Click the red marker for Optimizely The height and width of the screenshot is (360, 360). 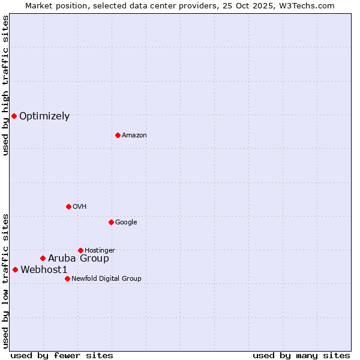(x=14, y=116)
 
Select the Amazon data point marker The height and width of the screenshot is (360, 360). (x=118, y=135)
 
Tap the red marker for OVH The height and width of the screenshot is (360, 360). (x=68, y=206)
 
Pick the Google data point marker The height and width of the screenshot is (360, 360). (x=111, y=222)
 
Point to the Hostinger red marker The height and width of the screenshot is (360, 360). (x=80, y=250)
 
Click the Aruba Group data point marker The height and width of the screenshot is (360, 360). (x=43, y=258)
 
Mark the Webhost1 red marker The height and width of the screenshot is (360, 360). (x=15, y=269)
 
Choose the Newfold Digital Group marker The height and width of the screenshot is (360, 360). (x=67, y=278)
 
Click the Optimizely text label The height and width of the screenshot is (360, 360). (x=44, y=116)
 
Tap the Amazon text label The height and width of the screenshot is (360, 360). (x=134, y=136)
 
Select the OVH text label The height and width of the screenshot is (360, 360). (x=80, y=207)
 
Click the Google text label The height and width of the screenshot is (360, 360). (x=126, y=223)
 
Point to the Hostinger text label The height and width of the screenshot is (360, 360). (x=100, y=251)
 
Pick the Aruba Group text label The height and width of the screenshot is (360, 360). (x=79, y=259)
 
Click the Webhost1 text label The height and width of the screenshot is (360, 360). (x=44, y=270)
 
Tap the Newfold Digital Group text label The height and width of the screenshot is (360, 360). (x=106, y=279)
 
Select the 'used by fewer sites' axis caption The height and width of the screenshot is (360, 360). (x=62, y=355)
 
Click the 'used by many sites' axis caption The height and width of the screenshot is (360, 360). (x=301, y=355)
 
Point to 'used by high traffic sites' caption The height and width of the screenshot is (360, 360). (x=5, y=85)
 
